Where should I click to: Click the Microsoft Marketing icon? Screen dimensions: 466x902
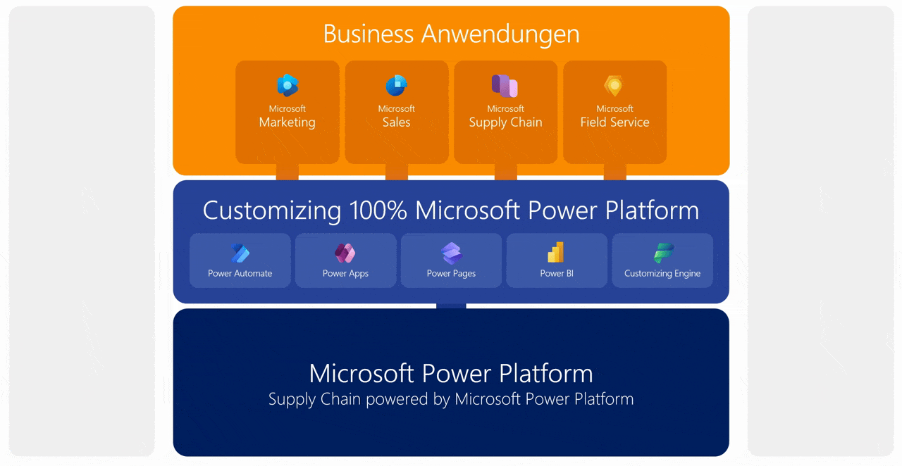288,86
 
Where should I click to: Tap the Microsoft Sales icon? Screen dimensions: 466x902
396,86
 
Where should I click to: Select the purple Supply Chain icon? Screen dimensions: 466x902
505,86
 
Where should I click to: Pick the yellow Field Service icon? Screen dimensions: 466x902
614,86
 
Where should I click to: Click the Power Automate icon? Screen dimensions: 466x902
240,253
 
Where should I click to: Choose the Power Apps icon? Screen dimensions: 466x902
345,253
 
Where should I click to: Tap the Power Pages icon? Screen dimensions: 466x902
451,253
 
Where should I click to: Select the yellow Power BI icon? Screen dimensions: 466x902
556,252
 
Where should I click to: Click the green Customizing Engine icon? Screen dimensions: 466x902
662,253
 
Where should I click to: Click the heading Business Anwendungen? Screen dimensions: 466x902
451,34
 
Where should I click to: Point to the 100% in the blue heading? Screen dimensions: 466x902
377,210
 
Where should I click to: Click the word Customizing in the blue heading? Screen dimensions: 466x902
272,210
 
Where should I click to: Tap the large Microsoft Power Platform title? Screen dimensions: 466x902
451,373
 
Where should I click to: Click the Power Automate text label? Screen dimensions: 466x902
240,273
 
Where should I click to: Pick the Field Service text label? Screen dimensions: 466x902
614,122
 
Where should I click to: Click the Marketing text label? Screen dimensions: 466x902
288,122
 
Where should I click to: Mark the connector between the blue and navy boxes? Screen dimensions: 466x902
451,306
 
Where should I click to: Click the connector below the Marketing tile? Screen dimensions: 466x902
288,172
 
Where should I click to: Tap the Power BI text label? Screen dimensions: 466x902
556,273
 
